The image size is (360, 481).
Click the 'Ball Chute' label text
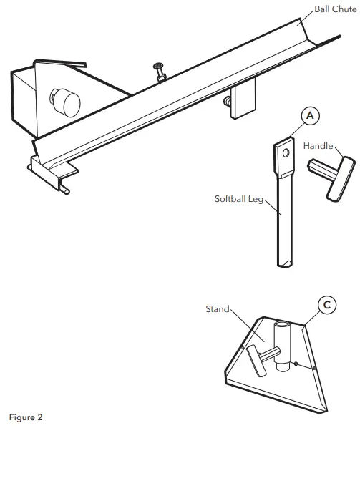pos(336,9)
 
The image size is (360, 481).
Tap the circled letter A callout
pos(309,115)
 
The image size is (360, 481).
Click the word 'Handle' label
pos(318,145)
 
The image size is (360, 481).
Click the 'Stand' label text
pos(217,309)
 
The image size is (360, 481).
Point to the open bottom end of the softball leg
pos(286,263)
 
